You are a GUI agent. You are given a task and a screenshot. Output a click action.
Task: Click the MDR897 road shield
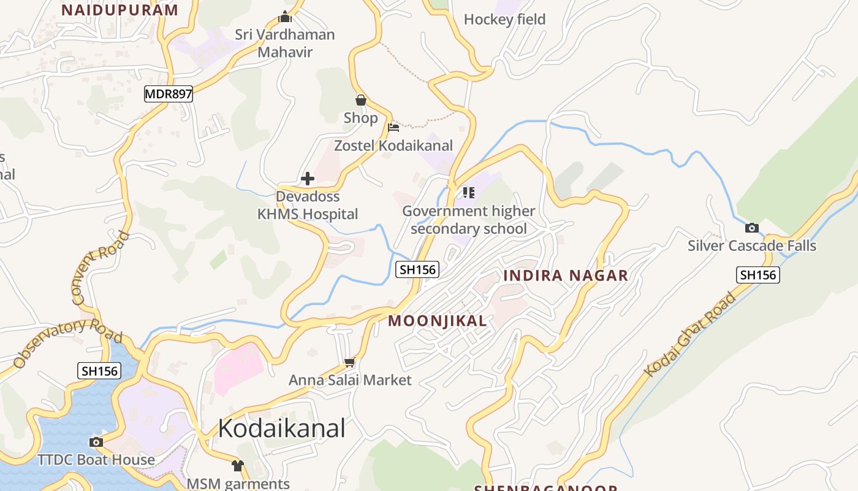[x=169, y=94]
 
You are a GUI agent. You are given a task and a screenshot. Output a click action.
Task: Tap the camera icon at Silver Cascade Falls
[x=751, y=228]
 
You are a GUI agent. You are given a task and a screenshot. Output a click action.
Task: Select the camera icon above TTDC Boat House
[x=96, y=442]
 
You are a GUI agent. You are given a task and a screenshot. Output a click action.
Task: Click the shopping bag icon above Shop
[x=361, y=99]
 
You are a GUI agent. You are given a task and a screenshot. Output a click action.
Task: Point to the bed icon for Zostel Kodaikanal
[x=393, y=128]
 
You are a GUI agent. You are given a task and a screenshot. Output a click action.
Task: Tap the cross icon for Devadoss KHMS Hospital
[x=308, y=179]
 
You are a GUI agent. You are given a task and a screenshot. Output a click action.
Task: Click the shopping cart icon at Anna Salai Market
[x=349, y=362]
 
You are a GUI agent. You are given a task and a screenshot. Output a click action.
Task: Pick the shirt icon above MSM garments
[x=238, y=466]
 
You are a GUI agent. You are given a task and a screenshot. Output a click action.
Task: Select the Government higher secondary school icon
[x=469, y=193]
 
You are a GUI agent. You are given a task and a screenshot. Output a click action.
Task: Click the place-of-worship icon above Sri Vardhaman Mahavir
[x=285, y=17]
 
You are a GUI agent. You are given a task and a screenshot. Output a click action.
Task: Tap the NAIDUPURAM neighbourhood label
[x=120, y=10]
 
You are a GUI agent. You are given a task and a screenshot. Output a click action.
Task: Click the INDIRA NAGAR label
[x=566, y=276]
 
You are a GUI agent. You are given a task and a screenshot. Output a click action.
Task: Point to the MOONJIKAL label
[x=438, y=320]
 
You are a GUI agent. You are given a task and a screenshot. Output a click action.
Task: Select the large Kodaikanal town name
[x=281, y=428]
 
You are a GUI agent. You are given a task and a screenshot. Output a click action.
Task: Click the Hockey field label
[x=504, y=20]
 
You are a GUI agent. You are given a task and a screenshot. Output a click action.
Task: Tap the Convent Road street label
[x=101, y=268]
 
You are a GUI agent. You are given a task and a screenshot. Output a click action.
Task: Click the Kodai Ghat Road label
[x=690, y=335]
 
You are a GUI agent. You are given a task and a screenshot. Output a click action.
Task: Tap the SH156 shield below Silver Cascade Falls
[x=757, y=275]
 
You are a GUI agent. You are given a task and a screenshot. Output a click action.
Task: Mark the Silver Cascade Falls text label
[x=752, y=246]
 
